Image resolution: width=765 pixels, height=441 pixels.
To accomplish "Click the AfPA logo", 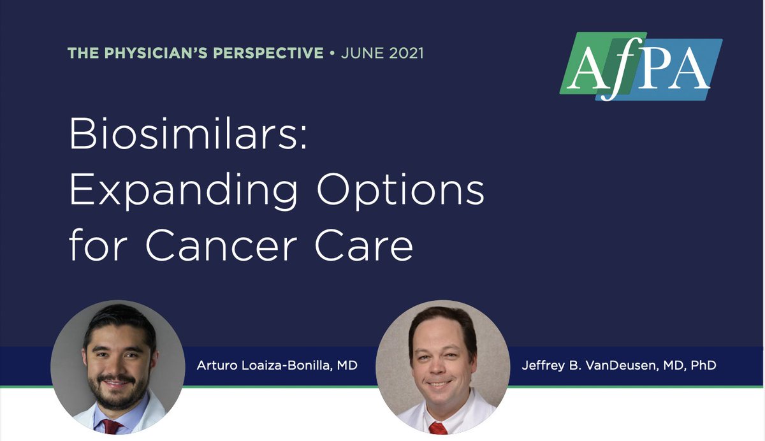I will pos(641,66).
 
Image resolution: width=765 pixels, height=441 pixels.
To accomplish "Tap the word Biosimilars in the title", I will pos(188,133).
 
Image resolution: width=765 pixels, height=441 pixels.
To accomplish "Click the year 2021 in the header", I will pos(404,53).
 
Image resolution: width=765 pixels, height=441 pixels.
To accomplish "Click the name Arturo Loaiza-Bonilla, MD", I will pos(277,366).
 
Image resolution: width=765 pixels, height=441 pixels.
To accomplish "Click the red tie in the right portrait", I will pos(438,428).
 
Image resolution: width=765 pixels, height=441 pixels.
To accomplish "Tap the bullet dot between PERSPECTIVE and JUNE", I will pos(332,53).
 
